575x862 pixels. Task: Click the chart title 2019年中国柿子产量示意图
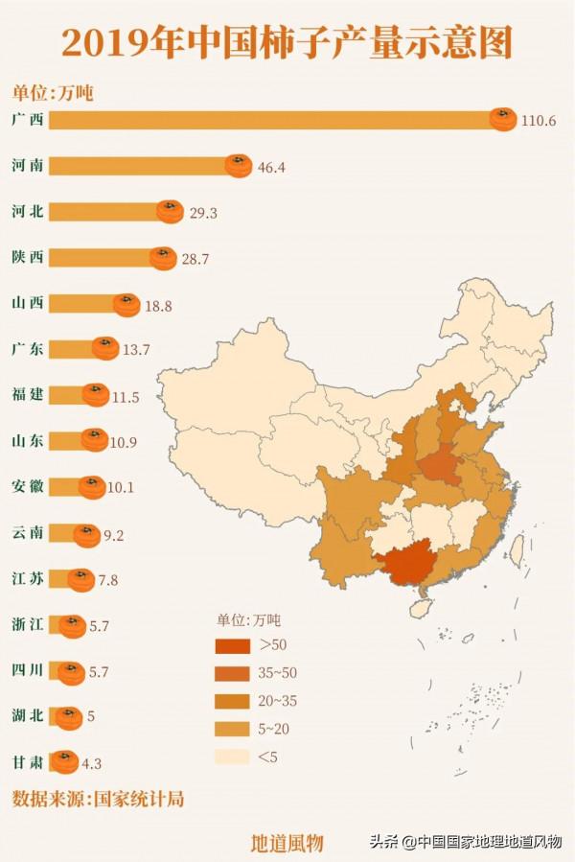click(x=287, y=43)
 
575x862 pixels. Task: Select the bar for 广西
click(x=268, y=120)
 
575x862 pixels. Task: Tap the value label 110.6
click(x=539, y=121)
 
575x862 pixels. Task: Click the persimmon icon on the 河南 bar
click(x=239, y=166)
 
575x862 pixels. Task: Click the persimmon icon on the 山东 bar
click(x=95, y=440)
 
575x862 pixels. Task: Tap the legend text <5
click(x=266, y=757)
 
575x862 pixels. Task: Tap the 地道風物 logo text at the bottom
click(x=287, y=843)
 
